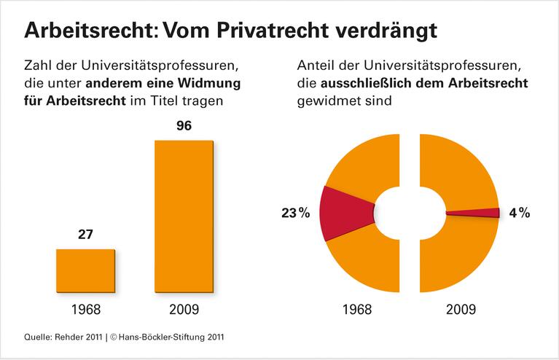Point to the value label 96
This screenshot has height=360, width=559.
184,126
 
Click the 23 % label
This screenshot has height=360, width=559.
296,214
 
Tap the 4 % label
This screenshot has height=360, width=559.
519,214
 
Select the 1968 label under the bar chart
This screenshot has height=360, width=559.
85,308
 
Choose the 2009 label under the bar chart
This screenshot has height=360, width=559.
184,308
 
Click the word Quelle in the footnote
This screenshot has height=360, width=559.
37,337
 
